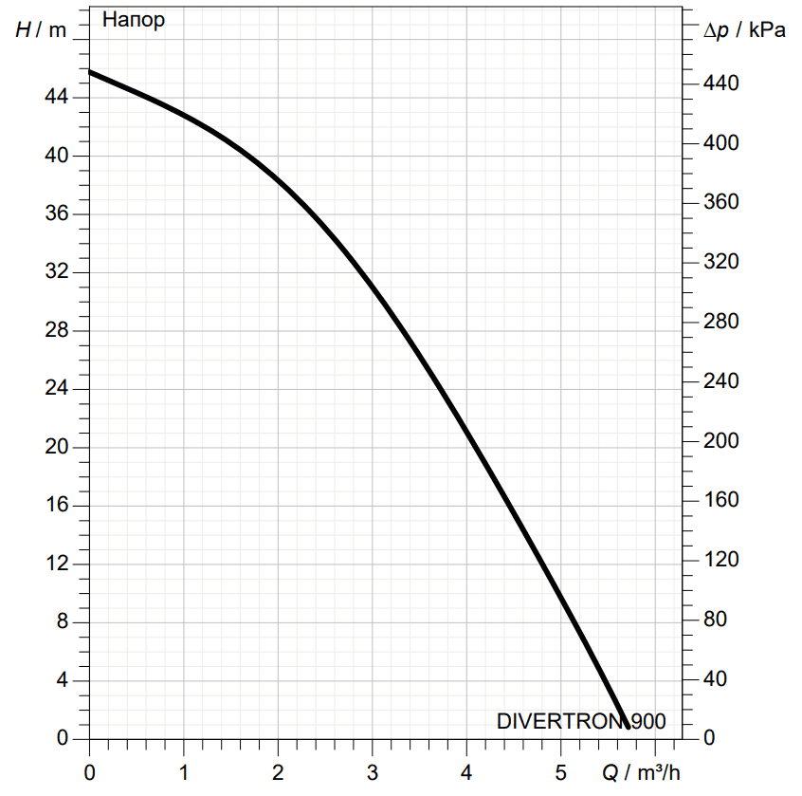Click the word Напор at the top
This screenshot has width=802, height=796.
pyautogui.click(x=133, y=20)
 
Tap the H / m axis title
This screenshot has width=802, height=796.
pyautogui.click(x=42, y=29)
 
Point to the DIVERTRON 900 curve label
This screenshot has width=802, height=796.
pyautogui.click(x=580, y=722)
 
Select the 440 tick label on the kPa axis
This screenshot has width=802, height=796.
pyautogui.click(x=722, y=83)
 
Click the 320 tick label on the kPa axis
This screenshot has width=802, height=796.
pyautogui.click(x=722, y=262)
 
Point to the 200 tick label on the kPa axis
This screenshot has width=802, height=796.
pyautogui.click(x=722, y=441)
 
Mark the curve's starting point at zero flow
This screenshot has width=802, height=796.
pyautogui.click(x=90, y=72)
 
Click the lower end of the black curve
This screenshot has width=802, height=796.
pyautogui.click(x=627, y=726)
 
